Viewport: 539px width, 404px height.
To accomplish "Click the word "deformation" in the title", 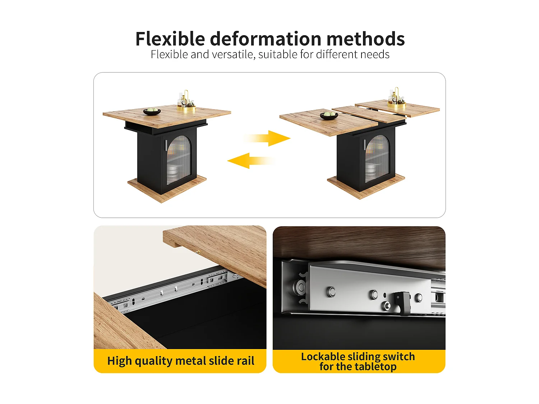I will pos(265,39).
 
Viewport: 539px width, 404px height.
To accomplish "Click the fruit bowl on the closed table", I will pos(152,111).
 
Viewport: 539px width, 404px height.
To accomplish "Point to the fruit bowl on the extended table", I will pos(329,115).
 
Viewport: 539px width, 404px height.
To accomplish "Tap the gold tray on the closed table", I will pos(186,107).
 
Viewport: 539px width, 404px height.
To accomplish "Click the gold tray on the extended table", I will pos(397,105).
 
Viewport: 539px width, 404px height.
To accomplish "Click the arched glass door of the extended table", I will pos(377,158).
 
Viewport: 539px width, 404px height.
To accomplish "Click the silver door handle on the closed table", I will pos(166,145).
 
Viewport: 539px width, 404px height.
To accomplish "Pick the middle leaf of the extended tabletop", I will pos(368,113).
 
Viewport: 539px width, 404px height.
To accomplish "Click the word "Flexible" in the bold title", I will pos(170,39).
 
